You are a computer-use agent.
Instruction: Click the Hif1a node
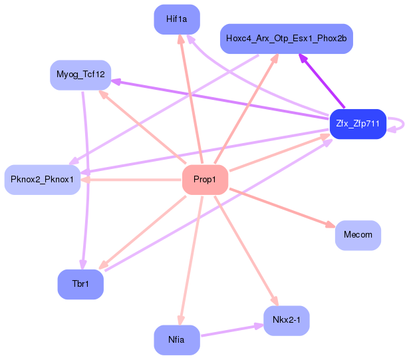(176, 19)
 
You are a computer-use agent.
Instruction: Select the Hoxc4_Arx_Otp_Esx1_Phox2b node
(286, 39)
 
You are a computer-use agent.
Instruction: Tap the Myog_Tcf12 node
(80, 75)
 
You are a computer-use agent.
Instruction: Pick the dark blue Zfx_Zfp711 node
(358, 124)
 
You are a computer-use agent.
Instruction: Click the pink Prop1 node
(205, 180)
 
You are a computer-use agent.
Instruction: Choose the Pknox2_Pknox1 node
(43, 180)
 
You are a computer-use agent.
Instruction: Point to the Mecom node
(358, 235)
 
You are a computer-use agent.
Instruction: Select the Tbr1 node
(80, 284)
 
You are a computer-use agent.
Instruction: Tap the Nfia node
(176, 339)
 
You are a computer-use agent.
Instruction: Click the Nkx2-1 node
(286, 321)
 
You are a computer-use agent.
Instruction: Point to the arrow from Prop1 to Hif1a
(191, 100)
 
